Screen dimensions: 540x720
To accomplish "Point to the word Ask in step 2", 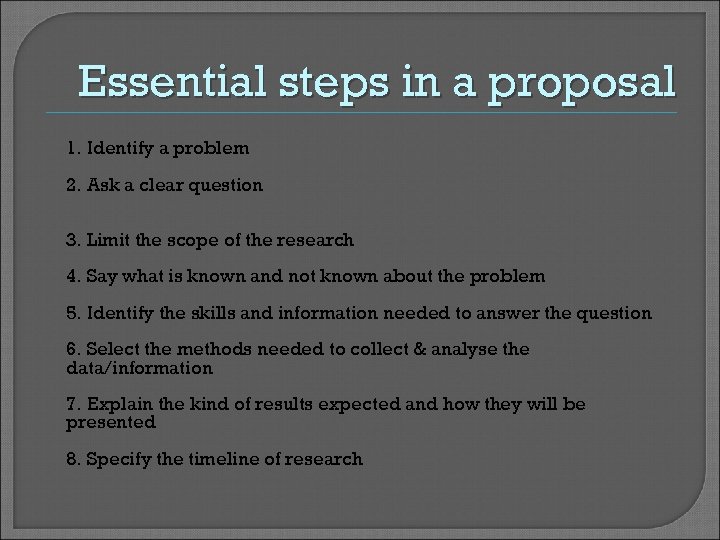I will click(102, 185).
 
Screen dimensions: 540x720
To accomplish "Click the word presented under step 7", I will click(111, 422).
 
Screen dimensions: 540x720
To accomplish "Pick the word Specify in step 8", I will click(118, 459).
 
